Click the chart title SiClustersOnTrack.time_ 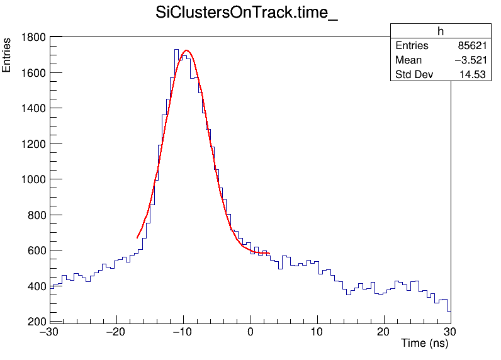click(x=247, y=14)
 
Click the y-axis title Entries click(x=7, y=55)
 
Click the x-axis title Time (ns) click(x=424, y=344)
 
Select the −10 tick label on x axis click(x=183, y=332)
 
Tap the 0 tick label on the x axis click(x=250, y=332)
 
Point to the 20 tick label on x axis click(x=384, y=332)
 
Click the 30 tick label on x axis click(x=451, y=332)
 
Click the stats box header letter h click(x=440, y=31)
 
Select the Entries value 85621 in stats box click(x=468, y=46)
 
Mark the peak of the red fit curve click(x=186, y=50)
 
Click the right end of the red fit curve click(x=269, y=254)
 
